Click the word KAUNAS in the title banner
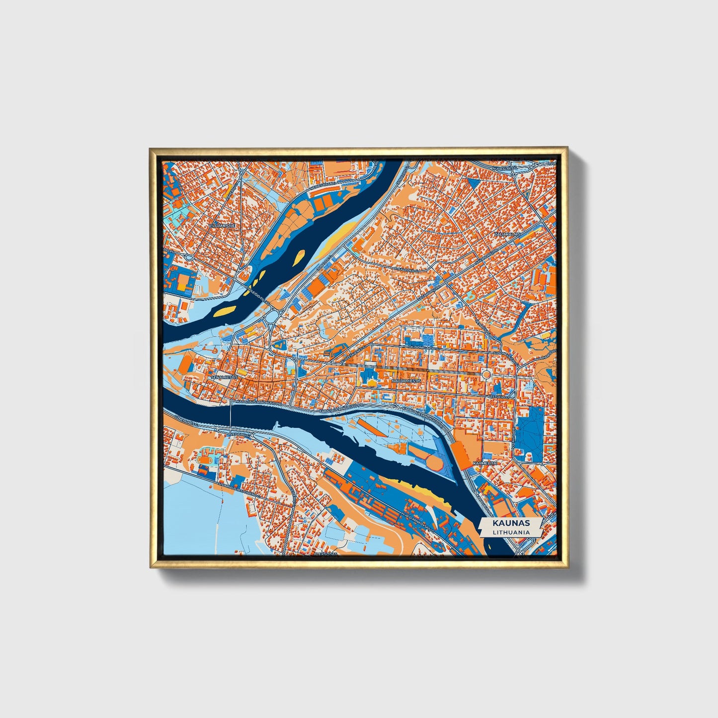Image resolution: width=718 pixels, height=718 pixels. tap(511, 523)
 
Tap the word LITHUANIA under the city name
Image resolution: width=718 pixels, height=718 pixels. tap(511, 532)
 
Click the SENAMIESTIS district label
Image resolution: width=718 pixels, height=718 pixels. tap(224, 378)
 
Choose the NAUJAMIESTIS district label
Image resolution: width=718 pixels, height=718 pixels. tap(406, 380)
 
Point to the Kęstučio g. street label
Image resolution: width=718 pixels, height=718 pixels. tap(498, 398)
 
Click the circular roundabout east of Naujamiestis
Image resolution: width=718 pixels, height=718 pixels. tap(486, 374)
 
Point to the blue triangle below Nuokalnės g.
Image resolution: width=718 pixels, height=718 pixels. tap(474, 183)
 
